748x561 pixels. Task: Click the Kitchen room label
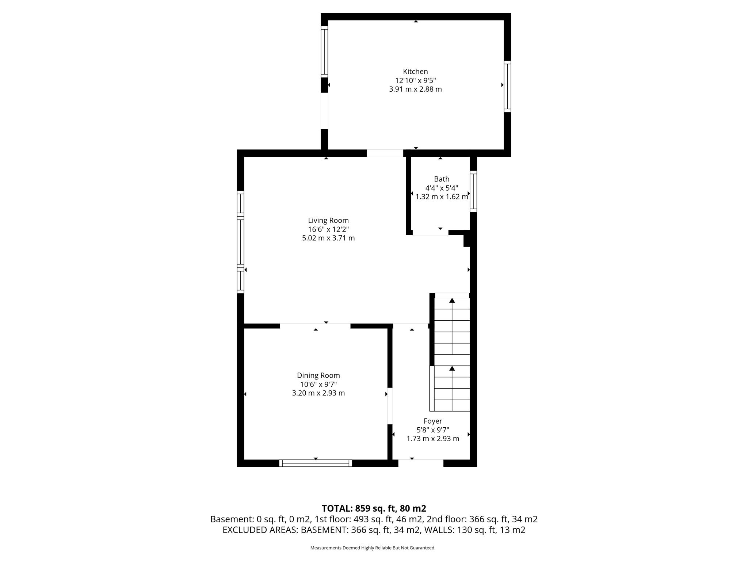(415, 72)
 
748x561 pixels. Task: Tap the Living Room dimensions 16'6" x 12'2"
(328, 229)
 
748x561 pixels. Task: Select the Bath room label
(442, 179)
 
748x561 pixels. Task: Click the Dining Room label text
(318, 375)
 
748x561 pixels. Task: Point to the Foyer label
(433, 421)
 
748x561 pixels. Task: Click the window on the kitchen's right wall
(507, 87)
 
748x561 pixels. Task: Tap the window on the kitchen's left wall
(324, 51)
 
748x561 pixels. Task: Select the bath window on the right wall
(473, 191)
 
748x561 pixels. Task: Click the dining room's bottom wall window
(316, 463)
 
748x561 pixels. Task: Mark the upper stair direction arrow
(452, 301)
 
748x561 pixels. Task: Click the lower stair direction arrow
(452, 368)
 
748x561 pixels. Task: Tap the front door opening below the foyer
(421, 463)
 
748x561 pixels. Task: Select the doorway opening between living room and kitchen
(385, 153)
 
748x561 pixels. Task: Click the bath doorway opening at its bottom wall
(430, 233)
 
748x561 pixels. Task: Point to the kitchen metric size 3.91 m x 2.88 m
(415, 89)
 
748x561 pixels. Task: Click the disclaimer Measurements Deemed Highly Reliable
(373, 548)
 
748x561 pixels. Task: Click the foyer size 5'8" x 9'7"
(433, 430)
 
